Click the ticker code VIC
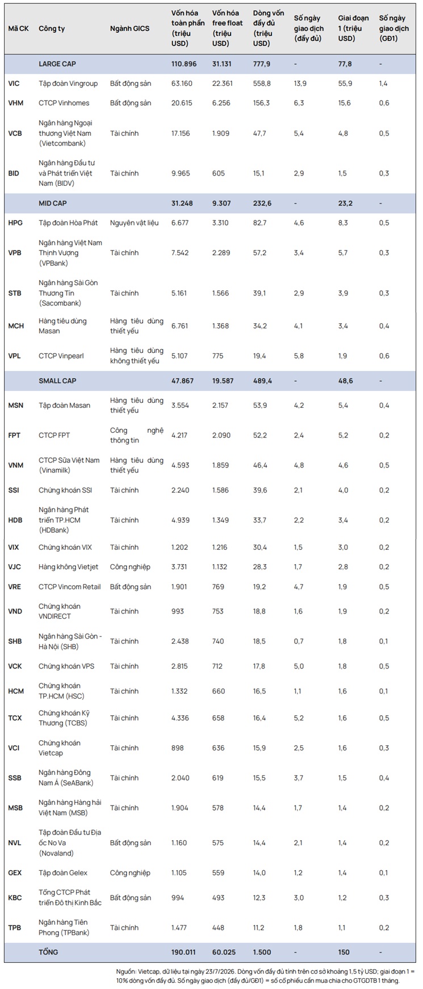(x=14, y=84)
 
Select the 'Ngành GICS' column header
(x=130, y=28)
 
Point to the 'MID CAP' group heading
(x=52, y=203)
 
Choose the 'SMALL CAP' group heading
(x=57, y=381)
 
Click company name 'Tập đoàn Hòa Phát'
(x=68, y=223)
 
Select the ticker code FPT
(x=14, y=435)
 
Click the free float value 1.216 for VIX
(x=220, y=547)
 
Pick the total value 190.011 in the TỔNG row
(x=184, y=952)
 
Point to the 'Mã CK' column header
(x=18, y=28)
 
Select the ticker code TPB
(x=14, y=927)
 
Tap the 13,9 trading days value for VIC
(x=300, y=84)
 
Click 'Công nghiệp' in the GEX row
(x=130, y=873)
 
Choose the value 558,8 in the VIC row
(x=262, y=84)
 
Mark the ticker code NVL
(x=15, y=842)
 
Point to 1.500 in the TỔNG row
(x=262, y=952)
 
